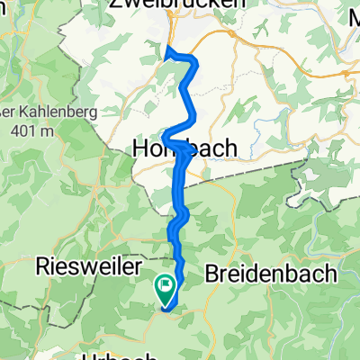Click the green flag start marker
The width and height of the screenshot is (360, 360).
click(x=166, y=289)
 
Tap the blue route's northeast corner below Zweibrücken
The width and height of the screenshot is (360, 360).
click(x=193, y=61)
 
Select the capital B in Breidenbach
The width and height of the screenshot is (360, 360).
click(x=213, y=272)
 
